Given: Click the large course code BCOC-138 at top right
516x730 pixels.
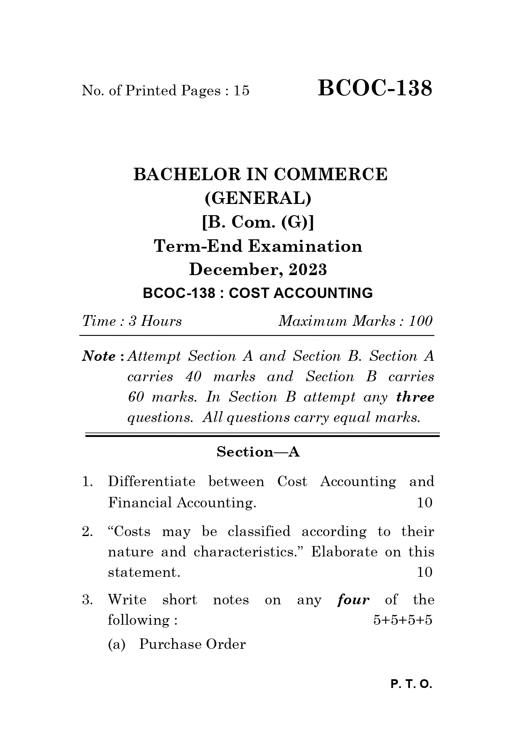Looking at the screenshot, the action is (x=375, y=88).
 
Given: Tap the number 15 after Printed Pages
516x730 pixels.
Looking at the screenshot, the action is (x=241, y=90).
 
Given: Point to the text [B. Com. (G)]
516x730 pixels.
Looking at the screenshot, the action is (x=258, y=222).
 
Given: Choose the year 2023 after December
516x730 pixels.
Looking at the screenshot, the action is (x=308, y=270).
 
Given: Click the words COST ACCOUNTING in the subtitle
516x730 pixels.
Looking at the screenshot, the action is (x=301, y=293).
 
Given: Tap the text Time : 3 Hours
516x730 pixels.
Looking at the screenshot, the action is (x=132, y=321).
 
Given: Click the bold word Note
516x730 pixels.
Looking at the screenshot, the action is (x=99, y=356).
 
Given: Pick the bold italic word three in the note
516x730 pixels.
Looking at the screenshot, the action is (x=415, y=397).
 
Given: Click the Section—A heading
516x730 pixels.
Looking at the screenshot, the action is (x=258, y=452).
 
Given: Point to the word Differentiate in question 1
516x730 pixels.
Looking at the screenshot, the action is (x=151, y=482).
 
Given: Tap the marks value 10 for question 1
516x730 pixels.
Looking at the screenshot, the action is (x=425, y=503).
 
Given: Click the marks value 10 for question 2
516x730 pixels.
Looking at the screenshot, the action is (x=425, y=572).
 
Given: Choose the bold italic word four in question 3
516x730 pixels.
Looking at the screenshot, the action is (x=353, y=600).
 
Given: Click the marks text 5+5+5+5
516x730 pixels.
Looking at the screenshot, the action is (x=402, y=620).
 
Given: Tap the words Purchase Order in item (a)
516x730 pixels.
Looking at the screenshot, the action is (x=192, y=644).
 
